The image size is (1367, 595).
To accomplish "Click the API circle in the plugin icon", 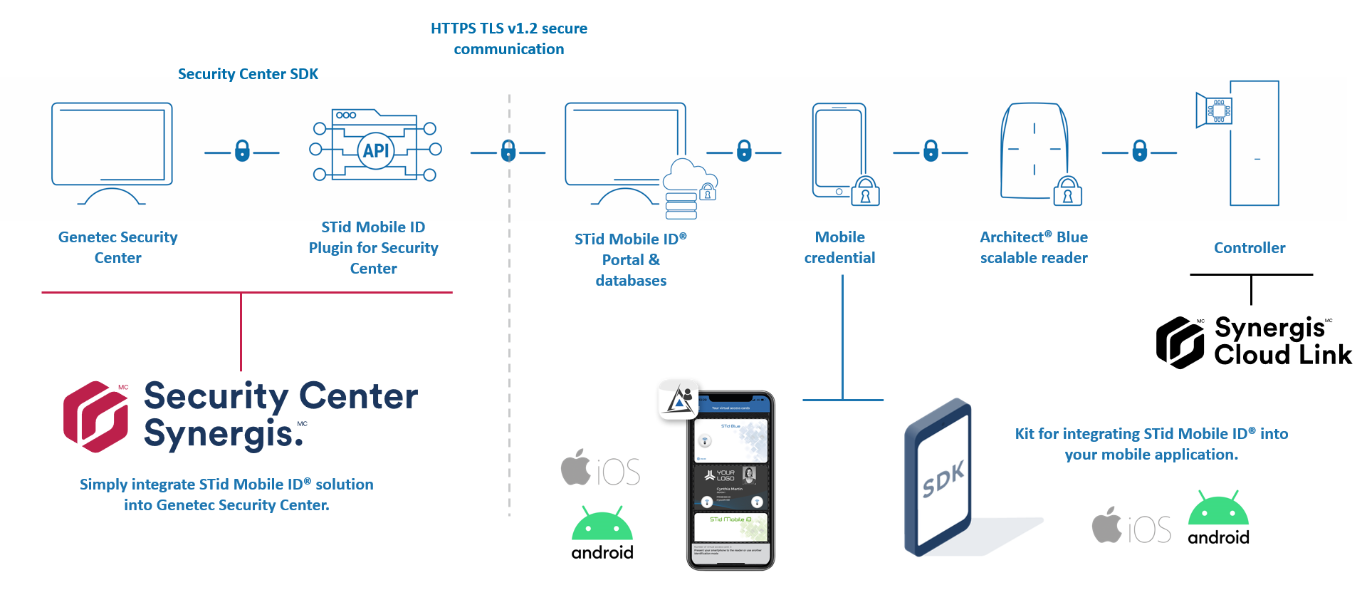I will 376,150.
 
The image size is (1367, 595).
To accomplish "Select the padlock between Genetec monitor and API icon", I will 242,151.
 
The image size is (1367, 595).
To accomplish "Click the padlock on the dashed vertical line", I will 508,151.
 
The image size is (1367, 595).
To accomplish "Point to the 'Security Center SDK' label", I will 248,74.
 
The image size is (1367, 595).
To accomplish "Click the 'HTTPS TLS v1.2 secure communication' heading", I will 508,38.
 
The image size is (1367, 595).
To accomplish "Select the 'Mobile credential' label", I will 839,247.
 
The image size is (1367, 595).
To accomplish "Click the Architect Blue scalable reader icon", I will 1035,151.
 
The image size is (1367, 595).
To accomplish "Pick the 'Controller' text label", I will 1250,248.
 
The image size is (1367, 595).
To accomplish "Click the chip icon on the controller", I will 1218,110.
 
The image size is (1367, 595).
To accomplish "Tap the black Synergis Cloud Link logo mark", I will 1180,343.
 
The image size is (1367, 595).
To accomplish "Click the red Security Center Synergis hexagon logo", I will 96,417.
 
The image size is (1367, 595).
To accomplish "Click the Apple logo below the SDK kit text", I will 1107,525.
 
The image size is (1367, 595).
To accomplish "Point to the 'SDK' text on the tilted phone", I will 943,478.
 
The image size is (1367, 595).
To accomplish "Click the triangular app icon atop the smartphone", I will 679,400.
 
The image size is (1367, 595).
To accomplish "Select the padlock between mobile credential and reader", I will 931,151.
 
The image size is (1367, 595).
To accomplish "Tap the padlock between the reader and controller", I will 1139,151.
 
